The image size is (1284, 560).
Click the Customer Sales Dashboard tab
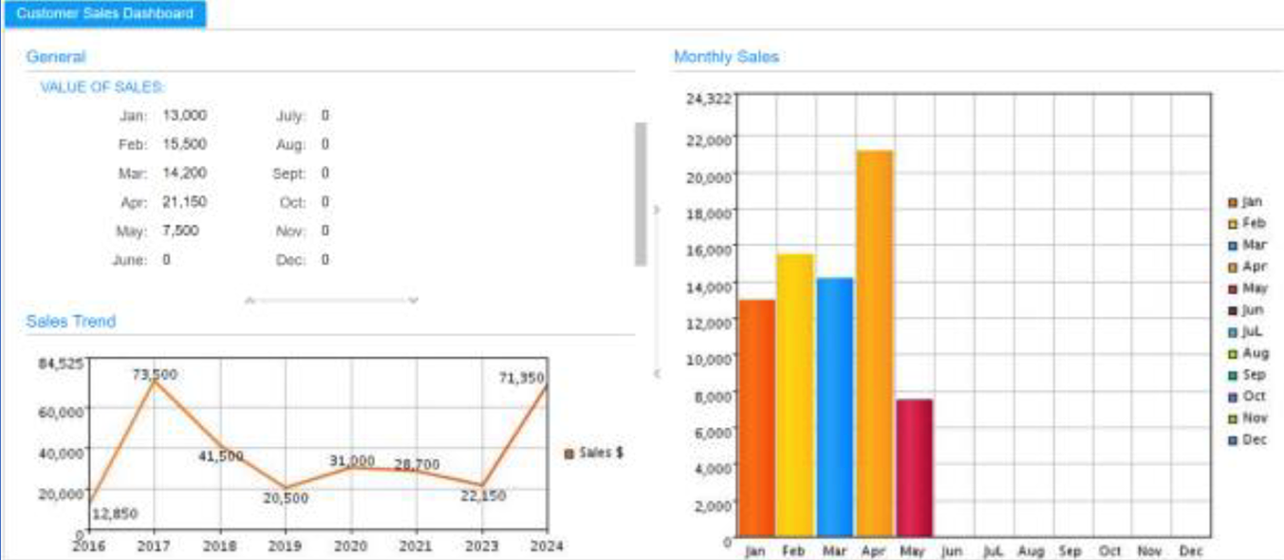[x=104, y=13]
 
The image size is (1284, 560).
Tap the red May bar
[x=914, y=467]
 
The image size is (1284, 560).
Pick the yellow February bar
[x=795, y=394]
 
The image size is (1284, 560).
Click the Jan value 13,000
[x=184, y=115]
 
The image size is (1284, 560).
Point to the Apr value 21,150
[x=184, y=201]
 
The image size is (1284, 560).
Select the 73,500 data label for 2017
[x=154, y=374]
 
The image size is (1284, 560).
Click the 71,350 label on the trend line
[x=521, y=378]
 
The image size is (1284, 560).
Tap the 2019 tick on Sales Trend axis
[x=285, y=546]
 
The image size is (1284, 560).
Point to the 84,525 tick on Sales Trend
[x=61, y=364]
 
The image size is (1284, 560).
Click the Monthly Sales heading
[x=726, y=57]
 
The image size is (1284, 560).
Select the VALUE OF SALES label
[x=102, y=87]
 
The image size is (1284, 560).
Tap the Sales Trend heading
[x=71, y=322]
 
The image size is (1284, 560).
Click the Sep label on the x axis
[x=1070, y=551]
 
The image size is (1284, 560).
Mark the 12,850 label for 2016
[x=114, y=513]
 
